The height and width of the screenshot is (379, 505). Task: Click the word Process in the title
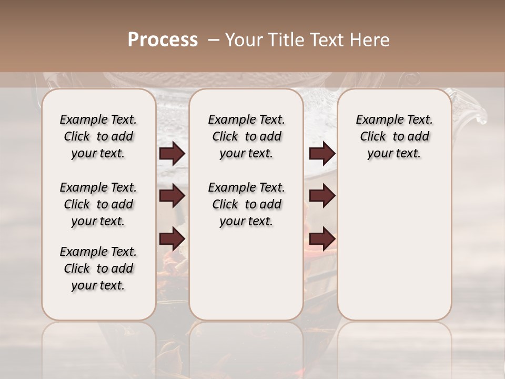(163, 40)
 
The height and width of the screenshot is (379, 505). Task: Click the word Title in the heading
(282, 40)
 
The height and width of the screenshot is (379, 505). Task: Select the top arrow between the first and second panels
(172, 154)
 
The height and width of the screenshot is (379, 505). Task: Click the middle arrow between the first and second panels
(172, 196)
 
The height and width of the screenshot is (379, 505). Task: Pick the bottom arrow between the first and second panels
(172, 239)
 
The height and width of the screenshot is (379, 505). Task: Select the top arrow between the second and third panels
(322, 154)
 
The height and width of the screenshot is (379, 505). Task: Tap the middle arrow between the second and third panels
(322, 196)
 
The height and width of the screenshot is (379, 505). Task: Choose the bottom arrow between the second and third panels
(322, 239)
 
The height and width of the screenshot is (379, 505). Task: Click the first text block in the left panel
(98, 136)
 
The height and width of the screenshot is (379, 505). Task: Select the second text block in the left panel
(98, 204)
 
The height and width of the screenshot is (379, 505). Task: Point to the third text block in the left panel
(98, 268)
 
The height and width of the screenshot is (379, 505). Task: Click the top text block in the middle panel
(246, 136)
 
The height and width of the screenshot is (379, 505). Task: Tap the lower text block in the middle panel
(246, 204)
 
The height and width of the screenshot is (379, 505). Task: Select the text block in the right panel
(395, 136)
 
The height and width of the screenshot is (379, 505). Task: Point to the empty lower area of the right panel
(395, 247)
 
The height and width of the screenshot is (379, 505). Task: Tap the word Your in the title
(243, 40)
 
